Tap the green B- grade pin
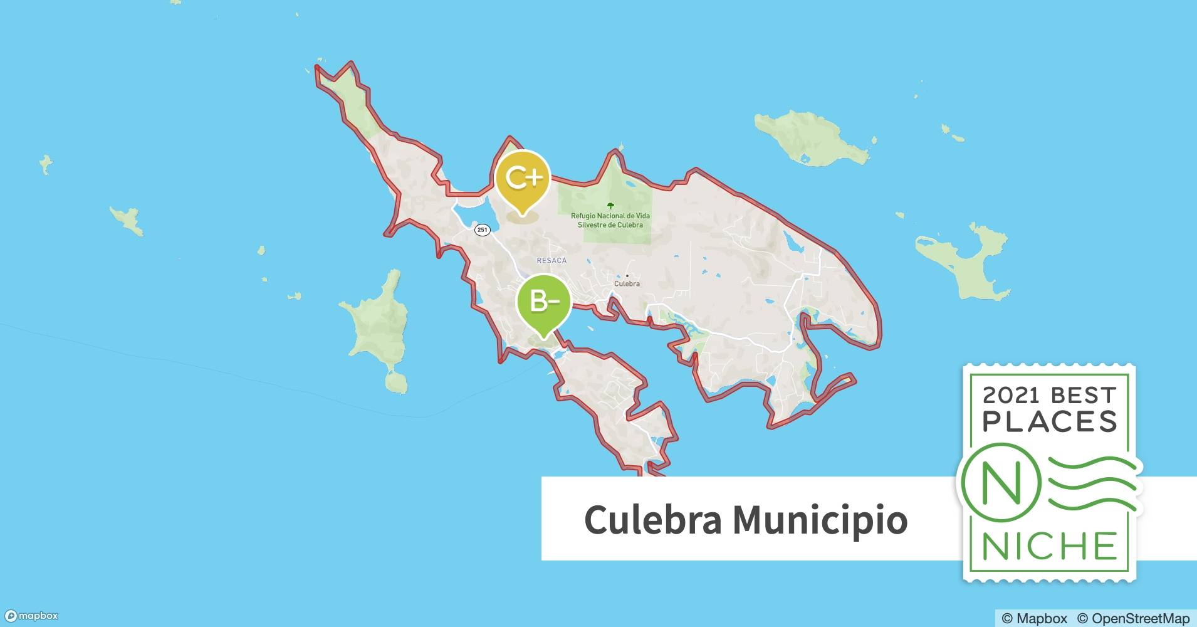543,303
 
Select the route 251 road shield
482,230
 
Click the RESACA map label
551,260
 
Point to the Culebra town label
627,283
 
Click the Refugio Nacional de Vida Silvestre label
610,220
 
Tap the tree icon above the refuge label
610,206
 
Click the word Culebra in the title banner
652,520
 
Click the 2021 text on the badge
1010,395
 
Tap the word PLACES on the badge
1050,422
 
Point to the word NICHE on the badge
1050,546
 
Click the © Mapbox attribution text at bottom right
1034,618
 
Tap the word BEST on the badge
1084,395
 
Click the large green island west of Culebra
375,326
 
